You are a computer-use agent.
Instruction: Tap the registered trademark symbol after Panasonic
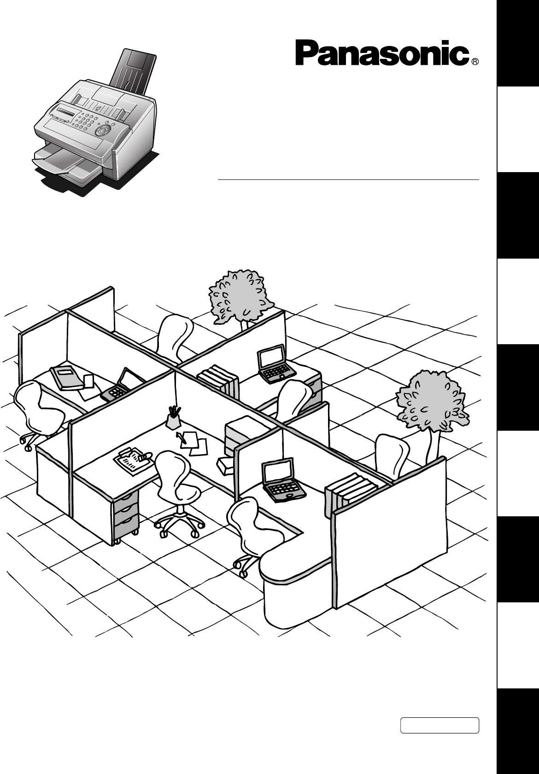[475, 62]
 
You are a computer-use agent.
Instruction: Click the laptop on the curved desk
[282, 481]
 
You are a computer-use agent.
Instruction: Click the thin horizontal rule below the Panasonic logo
[348, 180]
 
